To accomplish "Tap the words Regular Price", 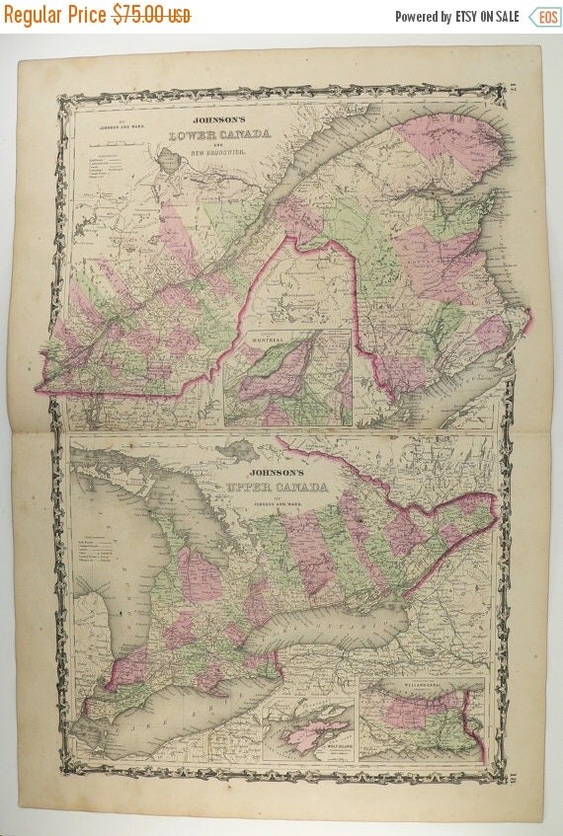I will coord(55,16).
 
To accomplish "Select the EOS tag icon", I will coord(542,17).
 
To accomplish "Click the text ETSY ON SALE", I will coord(487,17).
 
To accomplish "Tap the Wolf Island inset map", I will coord(311,730).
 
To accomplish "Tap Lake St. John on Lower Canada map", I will coord(172,158).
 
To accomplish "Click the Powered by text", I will coord(423,17).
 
